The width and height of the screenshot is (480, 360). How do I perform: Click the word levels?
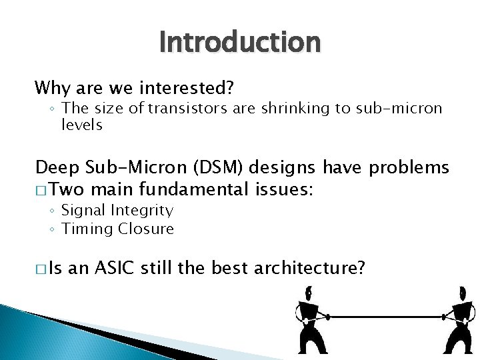(x=82, y=125)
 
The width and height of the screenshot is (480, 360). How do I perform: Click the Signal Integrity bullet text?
(x=117, y=211)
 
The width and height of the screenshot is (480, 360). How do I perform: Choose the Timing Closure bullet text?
(x=117, y=229)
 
